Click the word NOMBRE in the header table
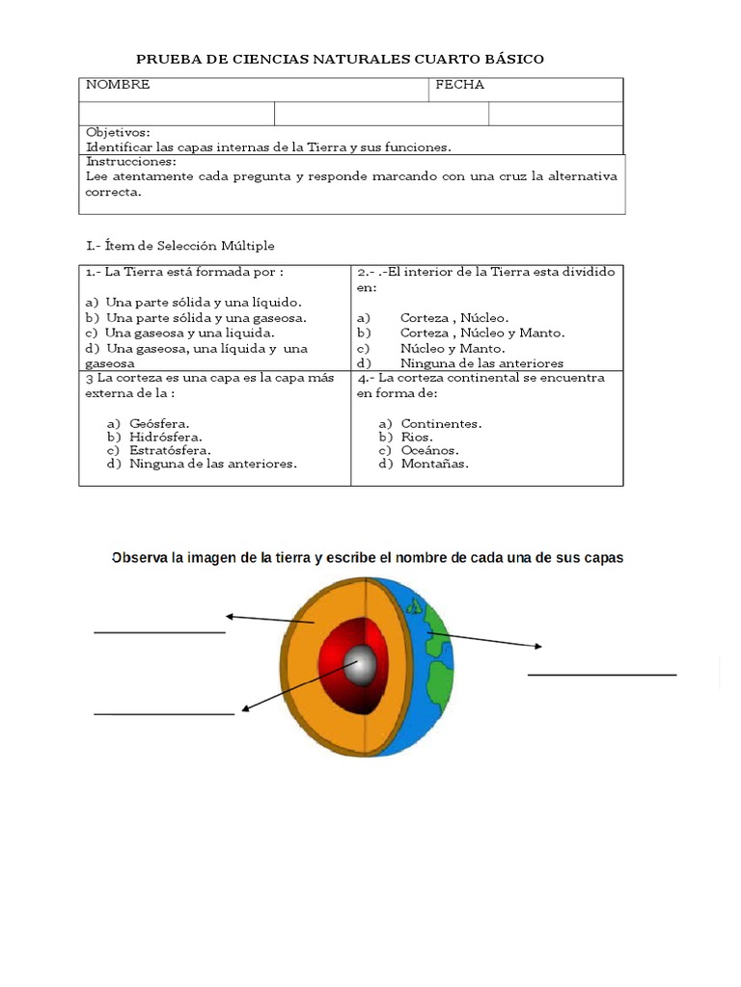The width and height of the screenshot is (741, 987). [x=118, y=85]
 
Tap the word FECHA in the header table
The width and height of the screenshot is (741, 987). [x=459, y=85]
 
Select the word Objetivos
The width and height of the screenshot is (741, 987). [x=118, y=132]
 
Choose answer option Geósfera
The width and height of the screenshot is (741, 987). [x=159, y=423]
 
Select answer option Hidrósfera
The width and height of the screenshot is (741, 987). [x=165, y=437]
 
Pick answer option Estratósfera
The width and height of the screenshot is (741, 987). [x=169, y=450]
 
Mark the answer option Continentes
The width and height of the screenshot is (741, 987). [x=441, y=423]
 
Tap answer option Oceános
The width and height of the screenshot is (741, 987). [x=429, y=450]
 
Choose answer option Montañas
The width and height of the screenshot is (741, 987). [x=434, y=464]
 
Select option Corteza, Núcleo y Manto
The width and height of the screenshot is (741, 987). [x=482, y=333]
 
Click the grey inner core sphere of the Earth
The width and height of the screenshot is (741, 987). [x=363, y=664]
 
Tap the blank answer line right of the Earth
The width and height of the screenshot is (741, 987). [x=602, y=675]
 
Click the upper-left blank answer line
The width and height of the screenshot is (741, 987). [x=159, y=632]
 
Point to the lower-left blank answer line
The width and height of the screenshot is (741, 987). [x=164, y=714]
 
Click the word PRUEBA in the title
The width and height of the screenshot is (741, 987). [x=165, y=60]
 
